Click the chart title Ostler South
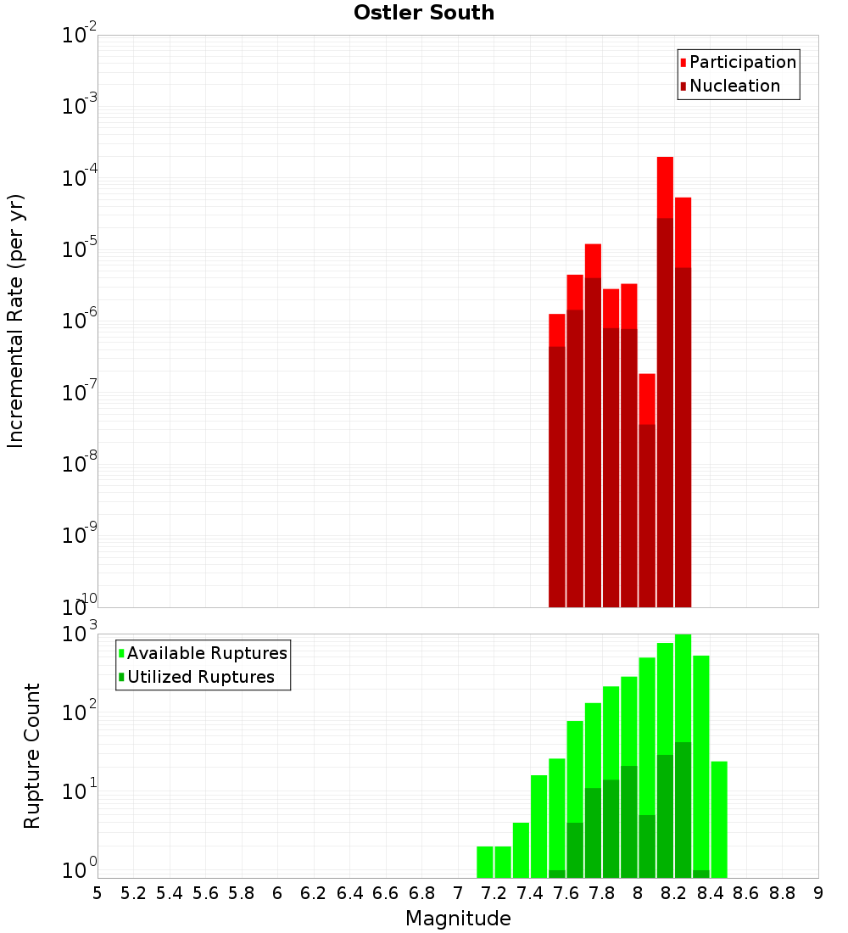(x=424, y=13)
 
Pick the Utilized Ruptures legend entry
(x=200, y=677)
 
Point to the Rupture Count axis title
(x=32, y=756)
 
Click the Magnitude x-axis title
(x=458, y=919)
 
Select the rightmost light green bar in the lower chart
(x=719, y=818)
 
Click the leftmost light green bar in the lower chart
(x=485, y=862)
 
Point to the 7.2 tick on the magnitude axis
(x=494, y=892)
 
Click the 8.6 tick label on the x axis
(x=746, y=892)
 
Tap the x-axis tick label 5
(x=98, y=892)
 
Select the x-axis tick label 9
(x=818, y=892)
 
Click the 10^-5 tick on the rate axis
(x=80, y=249)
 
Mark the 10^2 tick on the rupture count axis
(x=80, y=712)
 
